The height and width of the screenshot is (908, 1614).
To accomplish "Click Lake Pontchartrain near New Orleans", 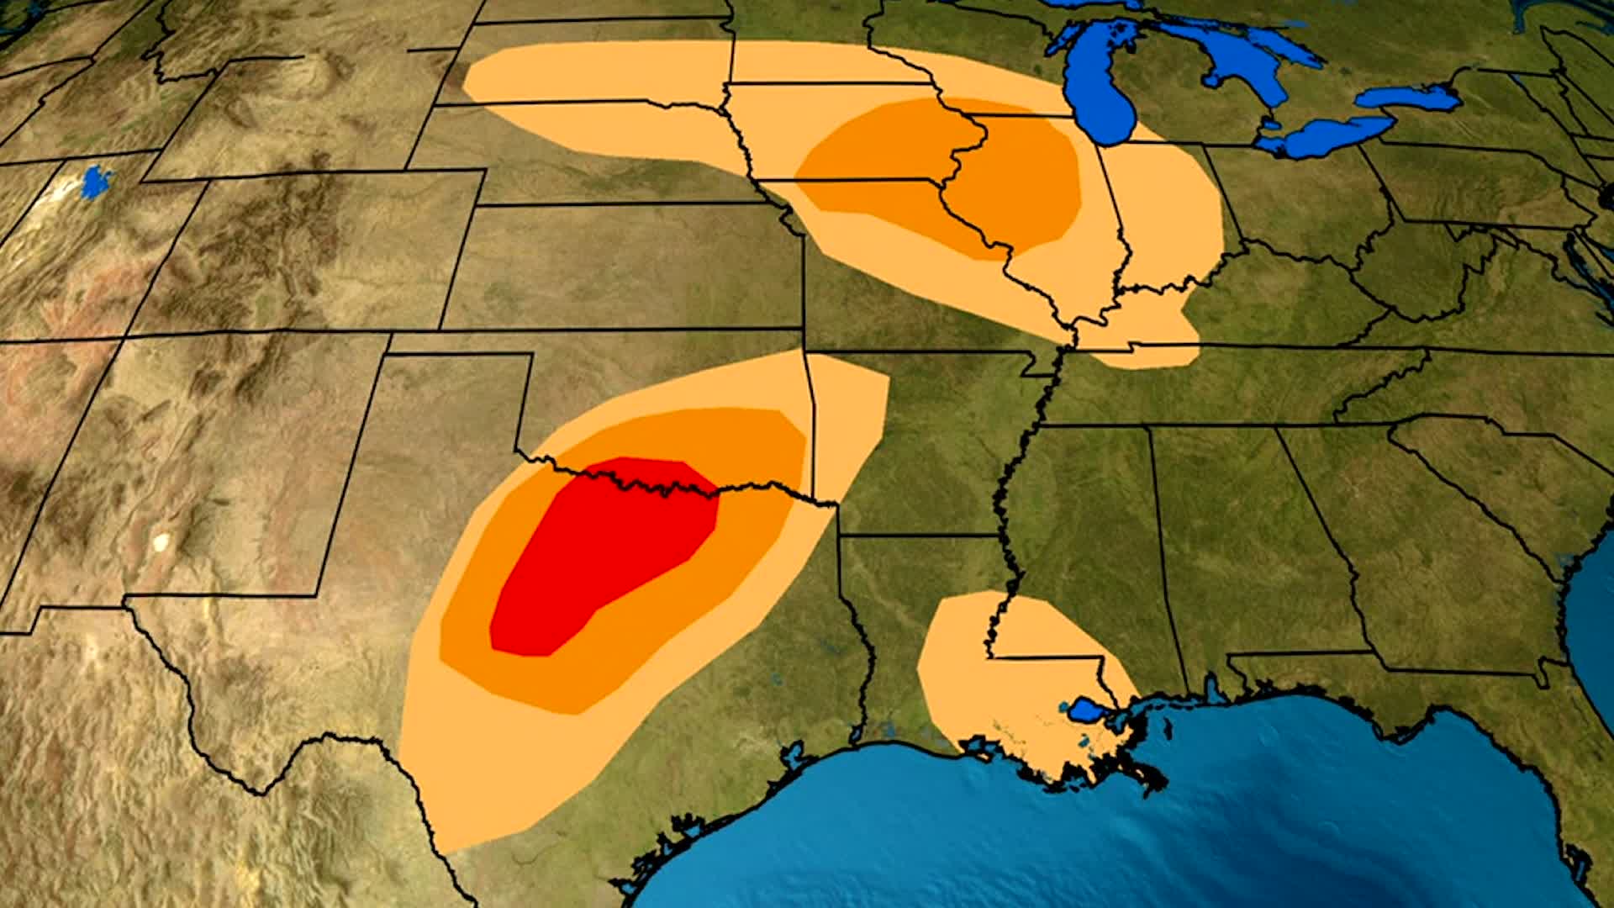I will (1084, 710).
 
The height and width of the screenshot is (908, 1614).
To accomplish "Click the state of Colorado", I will (311, 252).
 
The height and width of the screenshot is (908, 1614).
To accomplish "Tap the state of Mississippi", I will (1093, 538).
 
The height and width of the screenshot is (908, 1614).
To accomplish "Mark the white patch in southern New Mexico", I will (160, 541).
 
